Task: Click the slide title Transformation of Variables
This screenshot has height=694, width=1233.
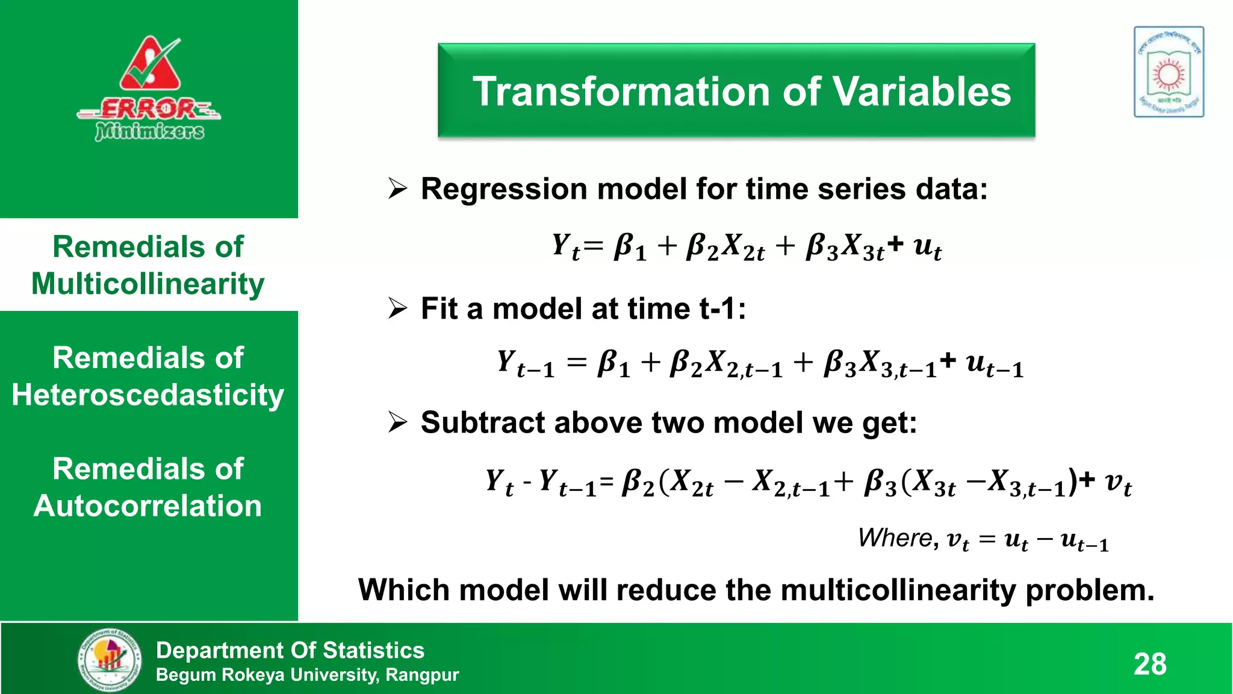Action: tap(742, 92)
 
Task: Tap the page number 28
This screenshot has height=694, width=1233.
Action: tap(1150, 664)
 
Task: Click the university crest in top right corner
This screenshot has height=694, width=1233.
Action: tap(1169, 72)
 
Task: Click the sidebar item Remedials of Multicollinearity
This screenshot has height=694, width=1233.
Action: tap(148, 265)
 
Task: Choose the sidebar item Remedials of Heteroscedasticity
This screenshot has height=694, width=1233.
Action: tap(148, 377)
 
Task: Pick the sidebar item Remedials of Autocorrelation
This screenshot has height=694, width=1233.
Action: tap(148, 487)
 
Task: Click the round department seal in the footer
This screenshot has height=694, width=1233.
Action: tap(110, 660)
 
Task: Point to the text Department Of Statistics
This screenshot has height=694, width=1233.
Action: tap(290, 650)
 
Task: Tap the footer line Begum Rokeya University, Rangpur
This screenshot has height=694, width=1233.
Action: tap(307, 675)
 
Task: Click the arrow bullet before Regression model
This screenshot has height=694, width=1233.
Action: tap(397, 189)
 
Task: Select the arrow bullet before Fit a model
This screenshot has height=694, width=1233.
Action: tap(397, 308)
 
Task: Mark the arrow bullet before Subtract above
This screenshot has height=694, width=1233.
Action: tap(397, 422)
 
